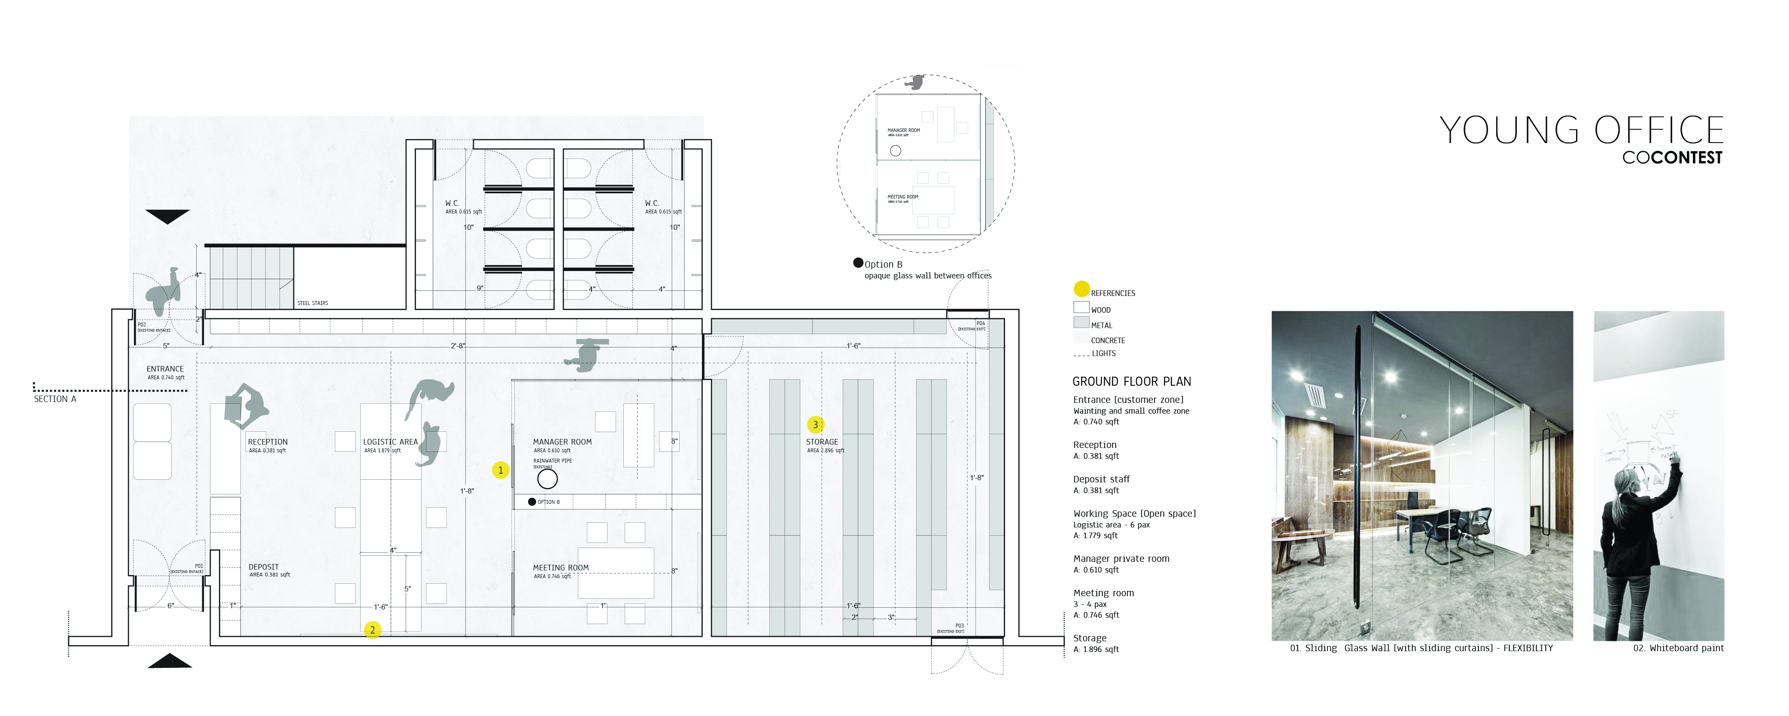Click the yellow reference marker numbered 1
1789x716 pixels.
pos(500,470)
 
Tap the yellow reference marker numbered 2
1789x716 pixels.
pos(372,630)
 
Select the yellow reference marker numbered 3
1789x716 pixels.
pos(815,424)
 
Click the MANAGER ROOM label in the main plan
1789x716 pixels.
pos(562,442)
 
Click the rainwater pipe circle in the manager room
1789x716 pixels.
pos(547,478)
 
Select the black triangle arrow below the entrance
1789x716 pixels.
pos(170,661)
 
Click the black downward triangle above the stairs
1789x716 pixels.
pos(167,216)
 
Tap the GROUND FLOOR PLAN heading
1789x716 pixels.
pos(1131,382)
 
